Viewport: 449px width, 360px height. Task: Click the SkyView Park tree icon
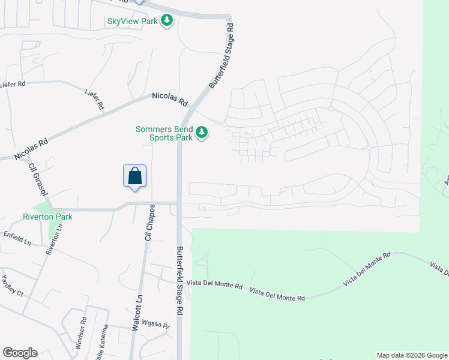167,21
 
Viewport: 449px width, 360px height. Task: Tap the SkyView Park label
132,21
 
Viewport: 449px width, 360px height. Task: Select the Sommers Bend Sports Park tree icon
202,132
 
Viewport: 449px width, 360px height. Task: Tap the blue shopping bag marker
135,176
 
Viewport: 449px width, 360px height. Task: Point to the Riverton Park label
47,217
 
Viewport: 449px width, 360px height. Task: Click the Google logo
20,353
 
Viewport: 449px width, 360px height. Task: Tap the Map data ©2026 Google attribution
412,355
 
